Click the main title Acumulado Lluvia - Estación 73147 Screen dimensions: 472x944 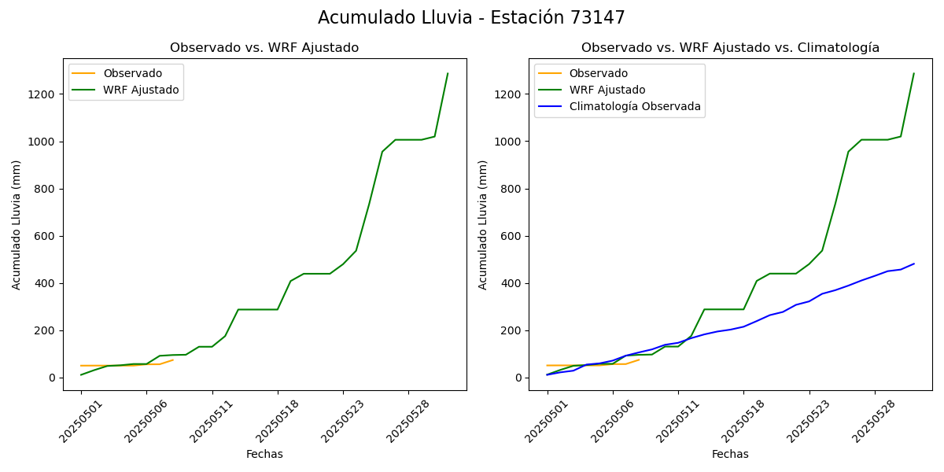pyautogui.click(x=471, y=18)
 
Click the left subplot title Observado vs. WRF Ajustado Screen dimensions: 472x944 pyautogui.click(x=264, y=48)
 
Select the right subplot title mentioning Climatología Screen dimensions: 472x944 pyautogui.click(x=730, y=48)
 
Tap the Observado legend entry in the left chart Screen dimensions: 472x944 pyautogui.click(x=132, y=74)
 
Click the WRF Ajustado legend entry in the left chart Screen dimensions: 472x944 pyautogui.click(x=141, y=90)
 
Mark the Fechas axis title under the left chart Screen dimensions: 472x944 pyautogui.click(x=264, y=455)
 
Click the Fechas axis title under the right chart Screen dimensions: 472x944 pyautogui.click(x=730, y=455)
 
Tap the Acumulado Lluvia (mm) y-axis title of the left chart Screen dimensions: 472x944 pyautogui.click(x=17, y=224)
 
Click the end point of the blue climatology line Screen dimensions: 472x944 pyautogui.click(x=913, y=264)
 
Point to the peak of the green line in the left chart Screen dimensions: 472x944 pyautogui.click(x=448, y=74)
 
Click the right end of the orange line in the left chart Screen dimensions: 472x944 pyautogui.click(x=173, y=360)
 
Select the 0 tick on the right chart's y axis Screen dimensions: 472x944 pyautogui.click(x=519, y=378)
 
